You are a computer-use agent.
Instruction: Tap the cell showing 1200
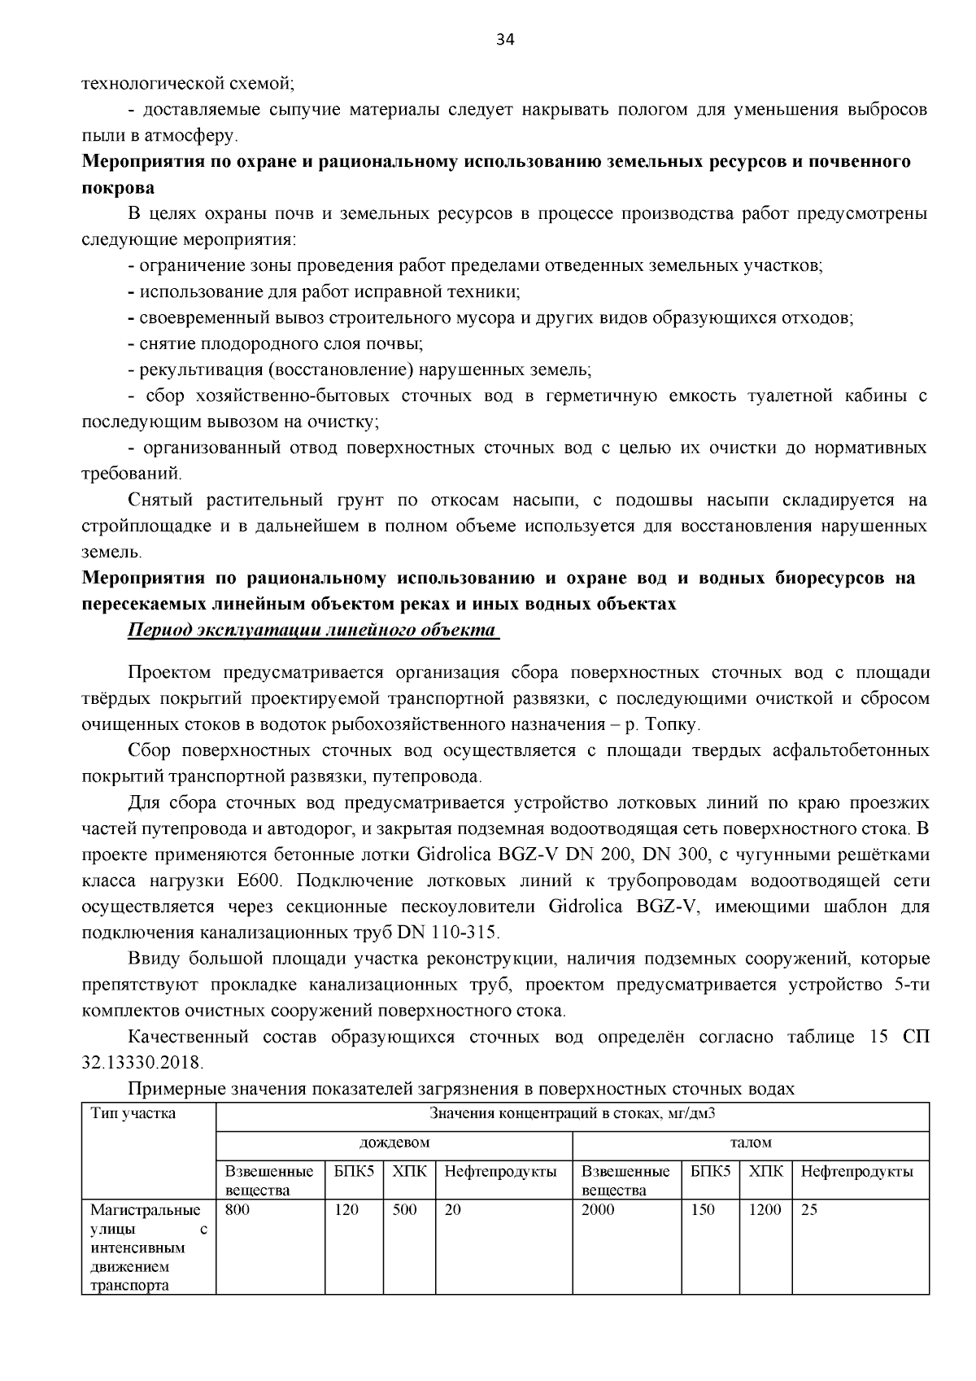(764, 1209)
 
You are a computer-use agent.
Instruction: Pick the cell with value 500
(404, 1209)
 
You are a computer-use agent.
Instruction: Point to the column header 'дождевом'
(394, 1143)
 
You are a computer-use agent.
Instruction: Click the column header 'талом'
(751, 1143)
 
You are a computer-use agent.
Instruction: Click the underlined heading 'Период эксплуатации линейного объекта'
(312, 631)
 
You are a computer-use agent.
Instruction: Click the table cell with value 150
(702, 1209)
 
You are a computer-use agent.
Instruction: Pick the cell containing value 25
(809, 1209)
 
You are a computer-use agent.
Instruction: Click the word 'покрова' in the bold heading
(118, 188)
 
